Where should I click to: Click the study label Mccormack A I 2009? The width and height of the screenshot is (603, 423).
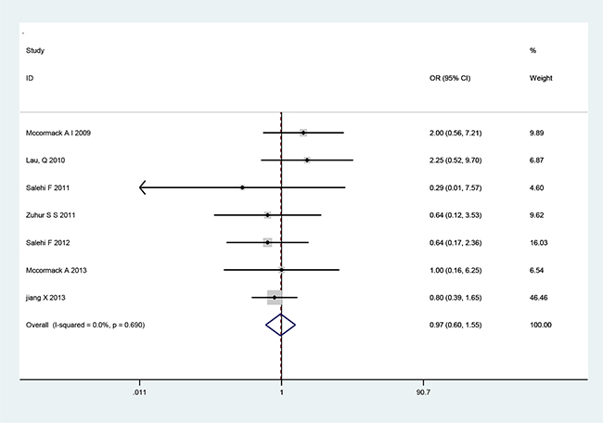pyautogui.click(x=58, y=133)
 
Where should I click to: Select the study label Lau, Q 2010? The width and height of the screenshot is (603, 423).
pyautogui.click(x=45, y=160)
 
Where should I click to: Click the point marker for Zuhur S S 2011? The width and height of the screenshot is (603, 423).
pyautogui.click(x=268, y=215)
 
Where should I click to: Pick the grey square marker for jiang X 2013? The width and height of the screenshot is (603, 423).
pyautogui.click(x=275, y=297)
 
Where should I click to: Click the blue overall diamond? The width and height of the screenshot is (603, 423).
pyautogui.click(x=281, y=325)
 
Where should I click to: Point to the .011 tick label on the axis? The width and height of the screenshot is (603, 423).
pyautogui.click(x=139, y=392)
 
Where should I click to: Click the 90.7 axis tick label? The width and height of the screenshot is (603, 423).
pyautogui.click(x=423, y=392)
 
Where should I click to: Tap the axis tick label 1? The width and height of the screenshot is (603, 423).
pyautogui.click(x=281, y=392)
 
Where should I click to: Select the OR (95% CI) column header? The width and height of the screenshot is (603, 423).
pyautogui.click(x=450, y=78)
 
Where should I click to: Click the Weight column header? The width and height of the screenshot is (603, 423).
pyautogui.click(x=541, y=78)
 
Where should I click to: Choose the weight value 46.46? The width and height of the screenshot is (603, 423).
pyautogui.click(x=538, y=298)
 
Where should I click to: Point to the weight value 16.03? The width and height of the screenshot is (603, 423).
pyautogui.click(x=538, y=243)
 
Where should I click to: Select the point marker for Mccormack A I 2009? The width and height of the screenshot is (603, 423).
pyautogui.click(x=303, y=133)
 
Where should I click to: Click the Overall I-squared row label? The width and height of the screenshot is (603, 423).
pyautogui.click(x=85, y=325)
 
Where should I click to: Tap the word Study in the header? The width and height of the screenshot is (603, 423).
pyautogui.click(x=35, y=51)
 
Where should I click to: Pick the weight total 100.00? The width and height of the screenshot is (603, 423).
pyautogui.click(x=540, y=325)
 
